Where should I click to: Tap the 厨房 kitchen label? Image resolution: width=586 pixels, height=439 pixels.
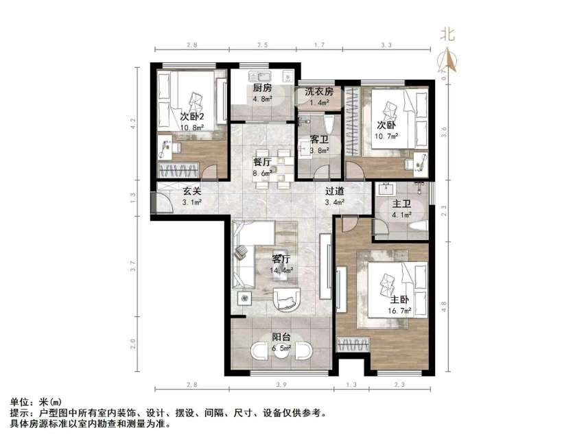click(262, 88)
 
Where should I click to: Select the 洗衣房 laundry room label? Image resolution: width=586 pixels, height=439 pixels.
click(319, 91)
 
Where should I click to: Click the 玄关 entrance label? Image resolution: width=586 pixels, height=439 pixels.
click(191, 192)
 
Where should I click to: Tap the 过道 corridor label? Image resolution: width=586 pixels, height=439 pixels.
click(334, 192)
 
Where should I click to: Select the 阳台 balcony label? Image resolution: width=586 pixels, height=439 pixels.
click(281, 337)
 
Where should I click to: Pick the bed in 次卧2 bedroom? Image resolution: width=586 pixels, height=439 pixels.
click(189, 101)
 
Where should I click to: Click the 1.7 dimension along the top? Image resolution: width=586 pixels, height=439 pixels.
click(319, 45)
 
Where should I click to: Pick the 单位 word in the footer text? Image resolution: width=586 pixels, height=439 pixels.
click(21, 404)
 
